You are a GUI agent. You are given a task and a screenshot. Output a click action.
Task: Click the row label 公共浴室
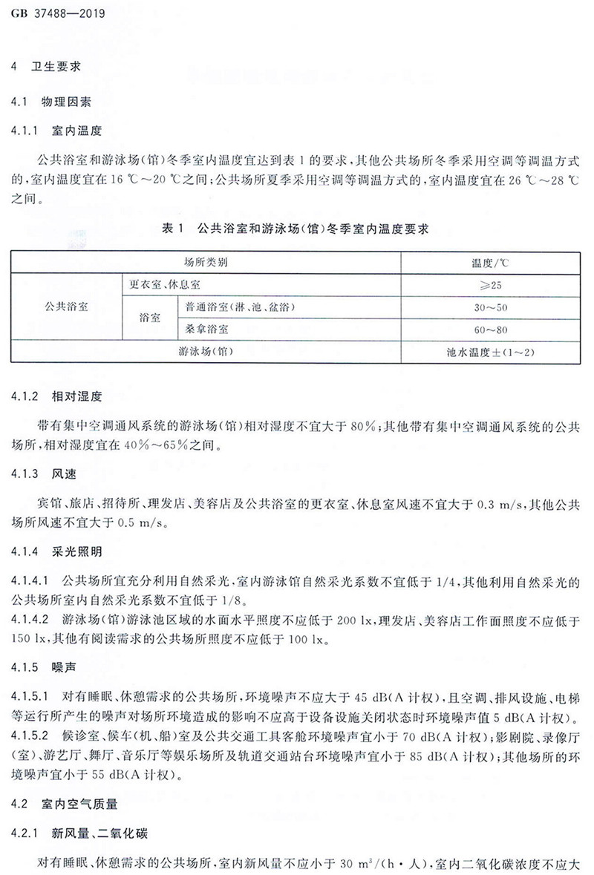click(66, 306)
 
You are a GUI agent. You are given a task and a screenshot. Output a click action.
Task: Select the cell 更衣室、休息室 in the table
click(170, 284)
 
